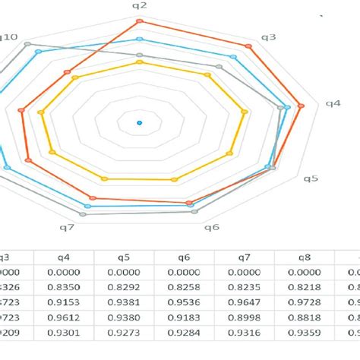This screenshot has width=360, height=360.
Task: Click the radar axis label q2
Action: [x=140, y=5]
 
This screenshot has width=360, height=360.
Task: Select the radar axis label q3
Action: [x=269, y=37]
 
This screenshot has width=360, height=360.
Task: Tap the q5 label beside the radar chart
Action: [x=311, y=178]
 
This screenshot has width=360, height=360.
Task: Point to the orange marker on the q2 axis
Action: [x=140, y=21]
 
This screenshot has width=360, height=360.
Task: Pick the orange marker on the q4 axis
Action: [x=302, y=106]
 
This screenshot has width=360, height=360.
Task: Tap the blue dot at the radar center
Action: [x=140, y=122]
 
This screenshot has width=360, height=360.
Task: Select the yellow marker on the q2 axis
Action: [x=140, y=62]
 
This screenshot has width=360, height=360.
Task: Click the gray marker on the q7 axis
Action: [x=83, y=215]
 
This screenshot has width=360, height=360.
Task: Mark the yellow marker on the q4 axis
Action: [x=245, y=112]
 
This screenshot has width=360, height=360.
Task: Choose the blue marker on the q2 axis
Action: [x=140, y=39]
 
